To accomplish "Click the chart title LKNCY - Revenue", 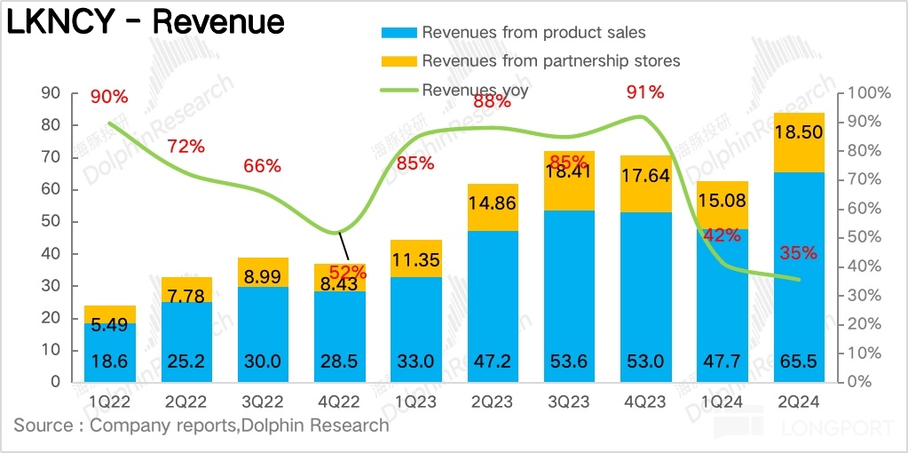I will point(146,22).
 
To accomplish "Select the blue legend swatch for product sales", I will point(399,33).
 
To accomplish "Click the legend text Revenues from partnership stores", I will point(550,61).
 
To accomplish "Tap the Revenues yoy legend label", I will point(475,90).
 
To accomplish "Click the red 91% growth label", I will point(644,91).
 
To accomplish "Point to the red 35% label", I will point(798,253).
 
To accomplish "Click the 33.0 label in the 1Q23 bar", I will point(416,362).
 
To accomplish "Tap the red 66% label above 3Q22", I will point(262,165).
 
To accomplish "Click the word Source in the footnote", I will point(43,425).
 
